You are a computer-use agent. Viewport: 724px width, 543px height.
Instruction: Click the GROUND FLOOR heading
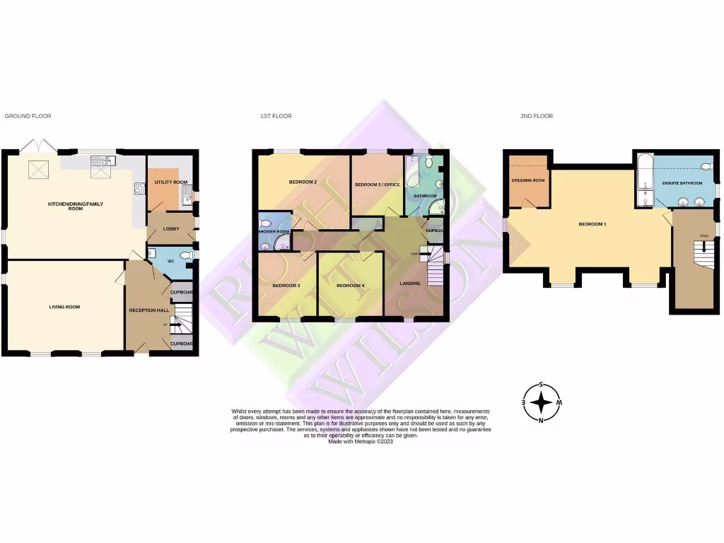coord(28,116)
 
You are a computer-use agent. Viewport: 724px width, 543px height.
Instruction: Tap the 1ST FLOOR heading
coord(275,116)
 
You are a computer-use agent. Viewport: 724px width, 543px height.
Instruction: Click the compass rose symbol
coord(542,403)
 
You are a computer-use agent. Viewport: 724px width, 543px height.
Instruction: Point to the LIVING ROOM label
coord(64,307)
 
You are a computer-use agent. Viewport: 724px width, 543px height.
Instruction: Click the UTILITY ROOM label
coord(171,182)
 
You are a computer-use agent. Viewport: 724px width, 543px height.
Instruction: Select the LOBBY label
coord(171,228)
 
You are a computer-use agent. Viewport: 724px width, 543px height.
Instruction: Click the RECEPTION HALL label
coord(148,310)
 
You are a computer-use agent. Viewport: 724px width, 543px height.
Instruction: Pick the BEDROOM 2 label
coord(302,182)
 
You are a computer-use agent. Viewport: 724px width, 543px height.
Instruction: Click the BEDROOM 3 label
coord(286,285)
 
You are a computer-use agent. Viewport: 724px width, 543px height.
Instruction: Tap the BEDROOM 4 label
coord(350,285)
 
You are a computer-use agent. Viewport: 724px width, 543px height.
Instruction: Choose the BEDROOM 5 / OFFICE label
coord(377,185)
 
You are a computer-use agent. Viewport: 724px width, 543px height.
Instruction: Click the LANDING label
coord(410,284)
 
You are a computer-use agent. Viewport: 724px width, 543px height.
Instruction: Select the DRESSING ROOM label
coord(528,180)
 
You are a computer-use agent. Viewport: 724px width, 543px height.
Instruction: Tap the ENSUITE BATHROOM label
coord(682,183)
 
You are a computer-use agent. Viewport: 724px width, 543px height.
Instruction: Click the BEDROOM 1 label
coord(592,224)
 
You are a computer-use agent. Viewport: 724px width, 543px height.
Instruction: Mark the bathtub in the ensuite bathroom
coord(644,177)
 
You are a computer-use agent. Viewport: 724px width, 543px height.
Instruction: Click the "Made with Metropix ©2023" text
coord(361,441)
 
